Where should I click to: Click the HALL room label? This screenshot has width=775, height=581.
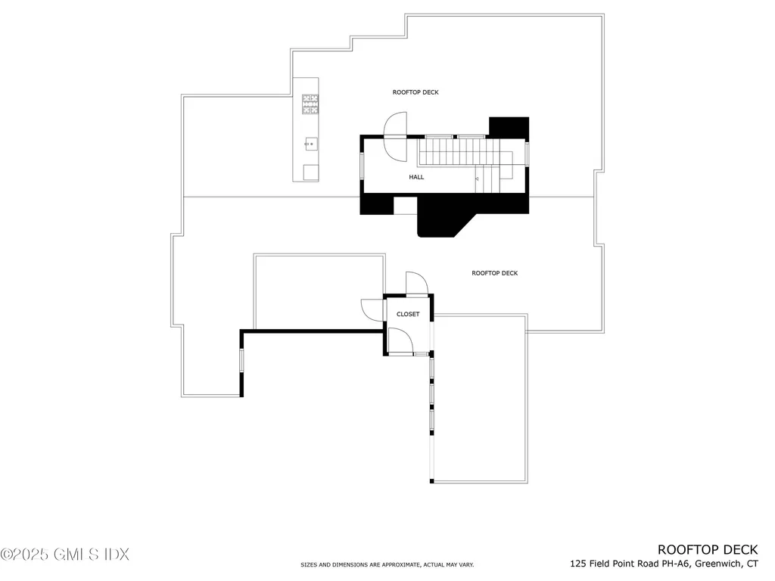click(x=416, y=177)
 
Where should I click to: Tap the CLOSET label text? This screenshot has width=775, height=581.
click(x=408, y=314)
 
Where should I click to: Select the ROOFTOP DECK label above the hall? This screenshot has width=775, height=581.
click(x=416, y=92)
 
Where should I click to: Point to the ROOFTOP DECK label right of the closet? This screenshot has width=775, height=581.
click(x=495, y=273)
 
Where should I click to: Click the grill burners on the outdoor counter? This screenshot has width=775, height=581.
click(x=310, y=104)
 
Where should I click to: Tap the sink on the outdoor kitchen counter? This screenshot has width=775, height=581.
click(x=310, y=144)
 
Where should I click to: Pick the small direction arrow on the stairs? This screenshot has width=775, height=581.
click(x=477, y=179)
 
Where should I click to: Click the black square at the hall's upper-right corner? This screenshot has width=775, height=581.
click(x=509, y=127)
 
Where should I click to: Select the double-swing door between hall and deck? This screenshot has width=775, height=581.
click(x=396, y=137)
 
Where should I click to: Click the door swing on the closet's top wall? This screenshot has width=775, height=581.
click(x=417, y=283)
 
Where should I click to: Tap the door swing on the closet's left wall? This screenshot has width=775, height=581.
click(x=372, y=310)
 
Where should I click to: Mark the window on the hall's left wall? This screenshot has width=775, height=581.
click(x=362, y=166)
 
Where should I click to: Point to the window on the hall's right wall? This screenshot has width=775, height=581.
click(x=527, y=154)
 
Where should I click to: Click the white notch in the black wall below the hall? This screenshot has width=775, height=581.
click(x=406, y=206)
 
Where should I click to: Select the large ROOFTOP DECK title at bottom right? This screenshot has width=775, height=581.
click(x=708, y=550)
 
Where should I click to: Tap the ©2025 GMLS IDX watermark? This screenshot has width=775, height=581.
click(x=65, y=555)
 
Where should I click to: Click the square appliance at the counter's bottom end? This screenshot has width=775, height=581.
click(x=311, y=172)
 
